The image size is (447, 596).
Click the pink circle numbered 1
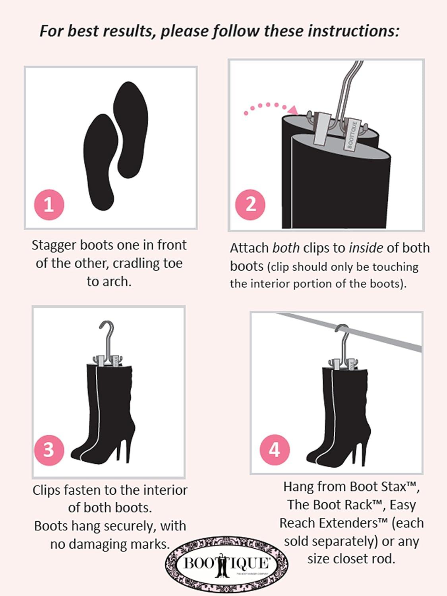click(49, 205)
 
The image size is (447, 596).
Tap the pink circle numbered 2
click(250, 204)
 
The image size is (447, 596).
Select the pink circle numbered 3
click(49, 450)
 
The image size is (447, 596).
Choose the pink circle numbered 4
click(275, 450)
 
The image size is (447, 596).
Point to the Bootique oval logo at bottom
click(226, 563)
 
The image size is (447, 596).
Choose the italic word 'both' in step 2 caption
click(286, 248)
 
